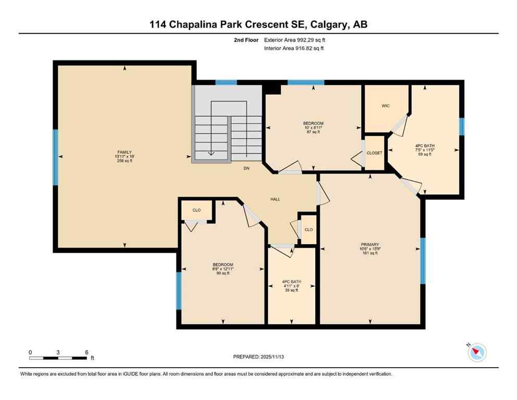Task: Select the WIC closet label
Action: click(x=385, y=106)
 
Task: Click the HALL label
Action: click(x=275, y=199)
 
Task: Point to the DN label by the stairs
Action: click(x=247, y=169)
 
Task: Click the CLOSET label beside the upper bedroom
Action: click(x=374, y=153)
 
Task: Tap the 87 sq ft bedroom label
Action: click(x=313, y=128)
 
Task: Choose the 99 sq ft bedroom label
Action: click(x=223, y=269)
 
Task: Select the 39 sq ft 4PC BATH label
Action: click(x=292, y=286)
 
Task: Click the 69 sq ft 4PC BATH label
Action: click(x=425, y=149)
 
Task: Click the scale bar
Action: click(x=58, y=358)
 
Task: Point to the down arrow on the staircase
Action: click(x=211, y=153)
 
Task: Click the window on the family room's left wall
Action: click(x=55, y=157)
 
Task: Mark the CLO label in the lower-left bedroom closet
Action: click(x=196, y=210)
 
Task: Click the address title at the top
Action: click(x=258, y=24)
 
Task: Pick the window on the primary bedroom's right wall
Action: click(x=423, y=261)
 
